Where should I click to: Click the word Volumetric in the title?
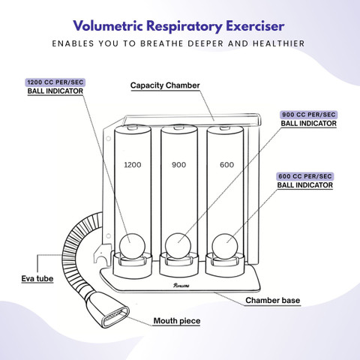pos(108,26)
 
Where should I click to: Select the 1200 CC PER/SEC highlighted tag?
pos(55,82)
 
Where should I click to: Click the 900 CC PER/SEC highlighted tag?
pos(309,115)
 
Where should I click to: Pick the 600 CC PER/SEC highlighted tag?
pos(305,176)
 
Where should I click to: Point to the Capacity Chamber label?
pos(165,85)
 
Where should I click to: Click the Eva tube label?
pos(37,278)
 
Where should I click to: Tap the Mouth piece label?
pos(177,321)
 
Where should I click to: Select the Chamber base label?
pos(272,300)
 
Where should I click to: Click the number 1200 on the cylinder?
pos(133,165)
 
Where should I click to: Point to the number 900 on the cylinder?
pos(178,165)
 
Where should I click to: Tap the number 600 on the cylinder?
pos(226,165)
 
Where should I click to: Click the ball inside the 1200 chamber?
pos(132,247)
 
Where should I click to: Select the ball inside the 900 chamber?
pos(178,246)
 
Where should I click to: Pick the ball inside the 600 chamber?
pos(225,247)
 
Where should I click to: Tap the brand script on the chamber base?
pos(181,285)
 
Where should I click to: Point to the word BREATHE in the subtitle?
pos(161,43)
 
